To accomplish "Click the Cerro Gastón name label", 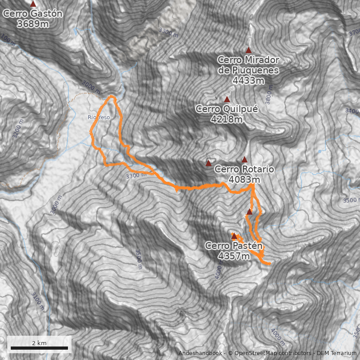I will (x=32, y=13).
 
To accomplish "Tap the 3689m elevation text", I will (x=32, y=24).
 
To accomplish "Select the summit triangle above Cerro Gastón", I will (x=33, y=4).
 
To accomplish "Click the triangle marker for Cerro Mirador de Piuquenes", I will (x=248, y=50).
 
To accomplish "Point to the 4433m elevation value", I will (x=248, y=81).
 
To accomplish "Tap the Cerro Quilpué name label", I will (x=226, y=109).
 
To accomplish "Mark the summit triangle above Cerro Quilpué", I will (x=227, y=99).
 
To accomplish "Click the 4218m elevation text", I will (x=226, y=120).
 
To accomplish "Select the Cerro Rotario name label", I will (x=244, y=169).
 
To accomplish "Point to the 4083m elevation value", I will (x=244, y=180).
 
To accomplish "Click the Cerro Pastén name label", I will (x=234, y=246).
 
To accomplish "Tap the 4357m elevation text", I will (x=234, y=256).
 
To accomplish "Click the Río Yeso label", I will (x=99, y=117).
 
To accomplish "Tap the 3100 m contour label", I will (x=39, y=302).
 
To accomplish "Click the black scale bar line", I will (x=39, y=348).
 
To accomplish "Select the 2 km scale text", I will (x=39, y=343).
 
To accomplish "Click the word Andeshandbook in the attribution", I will (x=200, y=353).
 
